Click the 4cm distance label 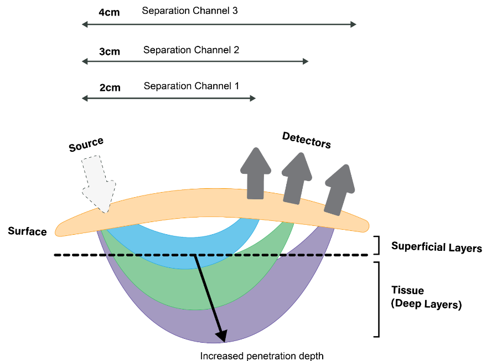(110, 12)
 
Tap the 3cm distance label (110, 51)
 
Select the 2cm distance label (110, 87)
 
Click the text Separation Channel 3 (190, 11)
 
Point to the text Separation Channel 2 (191, 50)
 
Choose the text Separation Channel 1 (191, 86)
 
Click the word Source (86, 145)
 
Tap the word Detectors (306, 140)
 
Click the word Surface (27, 231)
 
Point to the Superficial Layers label (436, 246)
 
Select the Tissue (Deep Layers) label (426, 297)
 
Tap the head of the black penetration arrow (222, 335)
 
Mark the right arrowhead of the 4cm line (353, 24)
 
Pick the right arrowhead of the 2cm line (252, 98)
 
